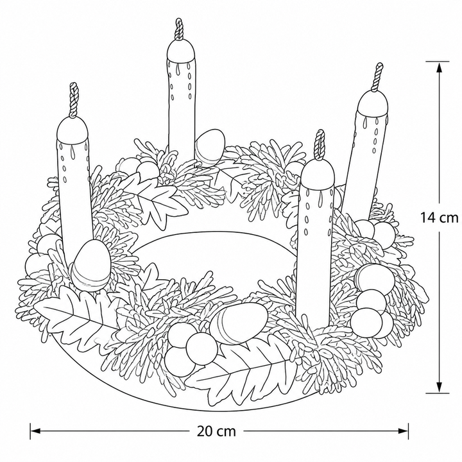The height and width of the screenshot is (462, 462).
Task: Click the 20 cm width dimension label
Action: click(216, 431)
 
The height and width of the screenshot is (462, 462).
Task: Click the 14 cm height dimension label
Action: click(439, 218)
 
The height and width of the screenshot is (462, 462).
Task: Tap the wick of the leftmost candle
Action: click(73, 99)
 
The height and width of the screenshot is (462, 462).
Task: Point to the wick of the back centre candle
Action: click(179, 29)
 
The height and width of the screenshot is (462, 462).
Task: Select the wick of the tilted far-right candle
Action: click(378, 76)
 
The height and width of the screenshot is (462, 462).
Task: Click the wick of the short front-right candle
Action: click(320, 145)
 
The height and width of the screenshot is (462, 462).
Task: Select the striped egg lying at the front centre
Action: click(239, 322)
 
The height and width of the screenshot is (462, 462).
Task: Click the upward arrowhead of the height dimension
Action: click(439, 69)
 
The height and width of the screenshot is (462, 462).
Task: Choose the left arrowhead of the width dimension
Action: click(35, 431)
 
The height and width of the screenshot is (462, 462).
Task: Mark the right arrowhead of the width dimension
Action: click(403, 431)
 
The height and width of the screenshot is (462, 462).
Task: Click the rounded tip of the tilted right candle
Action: click(373, 103)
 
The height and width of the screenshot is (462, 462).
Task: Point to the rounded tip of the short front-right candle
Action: click(318, 174)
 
